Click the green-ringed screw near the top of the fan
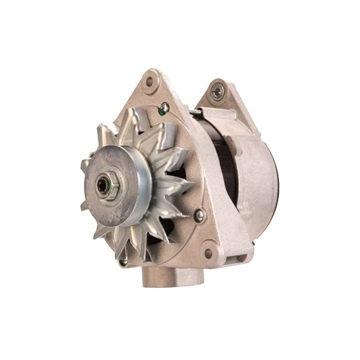(x=164, y=108)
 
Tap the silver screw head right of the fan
(x=199, y=215)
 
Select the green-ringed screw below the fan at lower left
(x=123, y=262)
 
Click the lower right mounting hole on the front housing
(x=208, y=253)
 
